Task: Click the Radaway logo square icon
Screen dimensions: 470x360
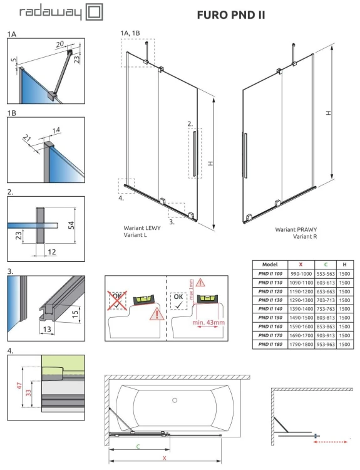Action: pos(95,13)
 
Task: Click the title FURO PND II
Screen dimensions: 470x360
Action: pos(231,14)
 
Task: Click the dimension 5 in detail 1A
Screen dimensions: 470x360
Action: pos(13,62)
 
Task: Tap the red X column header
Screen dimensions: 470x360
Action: pos(302,264)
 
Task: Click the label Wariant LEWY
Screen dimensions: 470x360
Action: pos(141,228)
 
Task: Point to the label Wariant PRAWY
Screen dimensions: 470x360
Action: pos(294,230)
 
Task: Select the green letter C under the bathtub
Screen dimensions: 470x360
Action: pos(137,446)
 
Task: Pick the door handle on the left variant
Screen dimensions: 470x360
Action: pos(195,154)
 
